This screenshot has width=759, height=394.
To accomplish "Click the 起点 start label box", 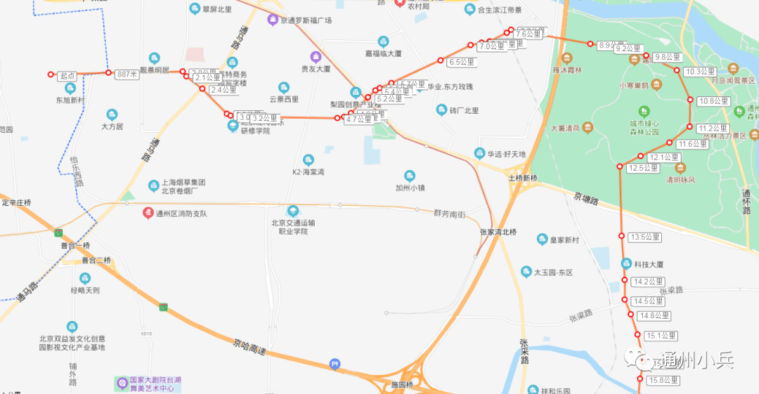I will coord(67,76).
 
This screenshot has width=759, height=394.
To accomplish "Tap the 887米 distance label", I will coord(127,74).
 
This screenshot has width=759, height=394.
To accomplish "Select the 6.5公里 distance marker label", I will coord(462,62).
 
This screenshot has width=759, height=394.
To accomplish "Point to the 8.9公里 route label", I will coord(611,45).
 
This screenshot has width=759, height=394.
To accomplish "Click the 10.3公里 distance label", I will coord(701,72).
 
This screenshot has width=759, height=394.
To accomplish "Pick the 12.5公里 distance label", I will coord(644,168).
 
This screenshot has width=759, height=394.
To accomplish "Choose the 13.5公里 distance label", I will coord(646,237).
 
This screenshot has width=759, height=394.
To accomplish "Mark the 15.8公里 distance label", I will coord(663,380).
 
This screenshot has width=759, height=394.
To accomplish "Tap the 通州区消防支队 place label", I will coord(181,214).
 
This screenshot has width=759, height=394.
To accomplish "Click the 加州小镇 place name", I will coord(410,188).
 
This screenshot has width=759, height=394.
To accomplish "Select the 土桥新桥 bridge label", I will coord(523,178).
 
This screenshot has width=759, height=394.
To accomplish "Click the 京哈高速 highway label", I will coord(251,345).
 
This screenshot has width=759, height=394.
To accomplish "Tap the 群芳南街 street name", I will coord(449,214).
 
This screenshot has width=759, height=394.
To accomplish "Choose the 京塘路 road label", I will coord(585,200).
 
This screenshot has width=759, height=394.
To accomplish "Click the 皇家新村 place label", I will coord(564,240).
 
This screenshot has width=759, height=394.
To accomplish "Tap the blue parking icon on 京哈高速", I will coord(335,364).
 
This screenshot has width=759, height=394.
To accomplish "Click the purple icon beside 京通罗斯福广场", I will coord(272,19).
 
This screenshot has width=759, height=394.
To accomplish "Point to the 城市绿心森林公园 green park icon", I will coord(644,111).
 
